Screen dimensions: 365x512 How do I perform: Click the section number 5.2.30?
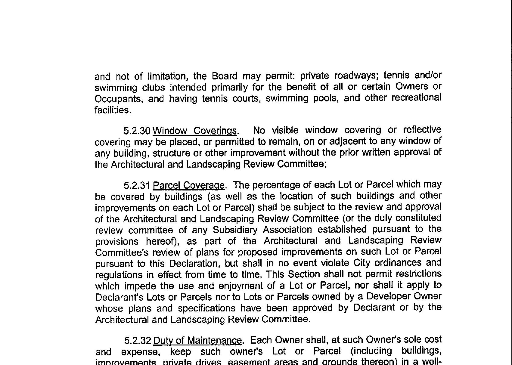tap(137, 131)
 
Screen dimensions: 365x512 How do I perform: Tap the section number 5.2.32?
tap(138, 341)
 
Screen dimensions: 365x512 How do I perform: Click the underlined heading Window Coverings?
tap(194, 131)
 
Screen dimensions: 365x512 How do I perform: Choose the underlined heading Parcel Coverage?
tap(189, 185)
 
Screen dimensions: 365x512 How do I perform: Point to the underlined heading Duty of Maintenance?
tap(197, 341)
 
